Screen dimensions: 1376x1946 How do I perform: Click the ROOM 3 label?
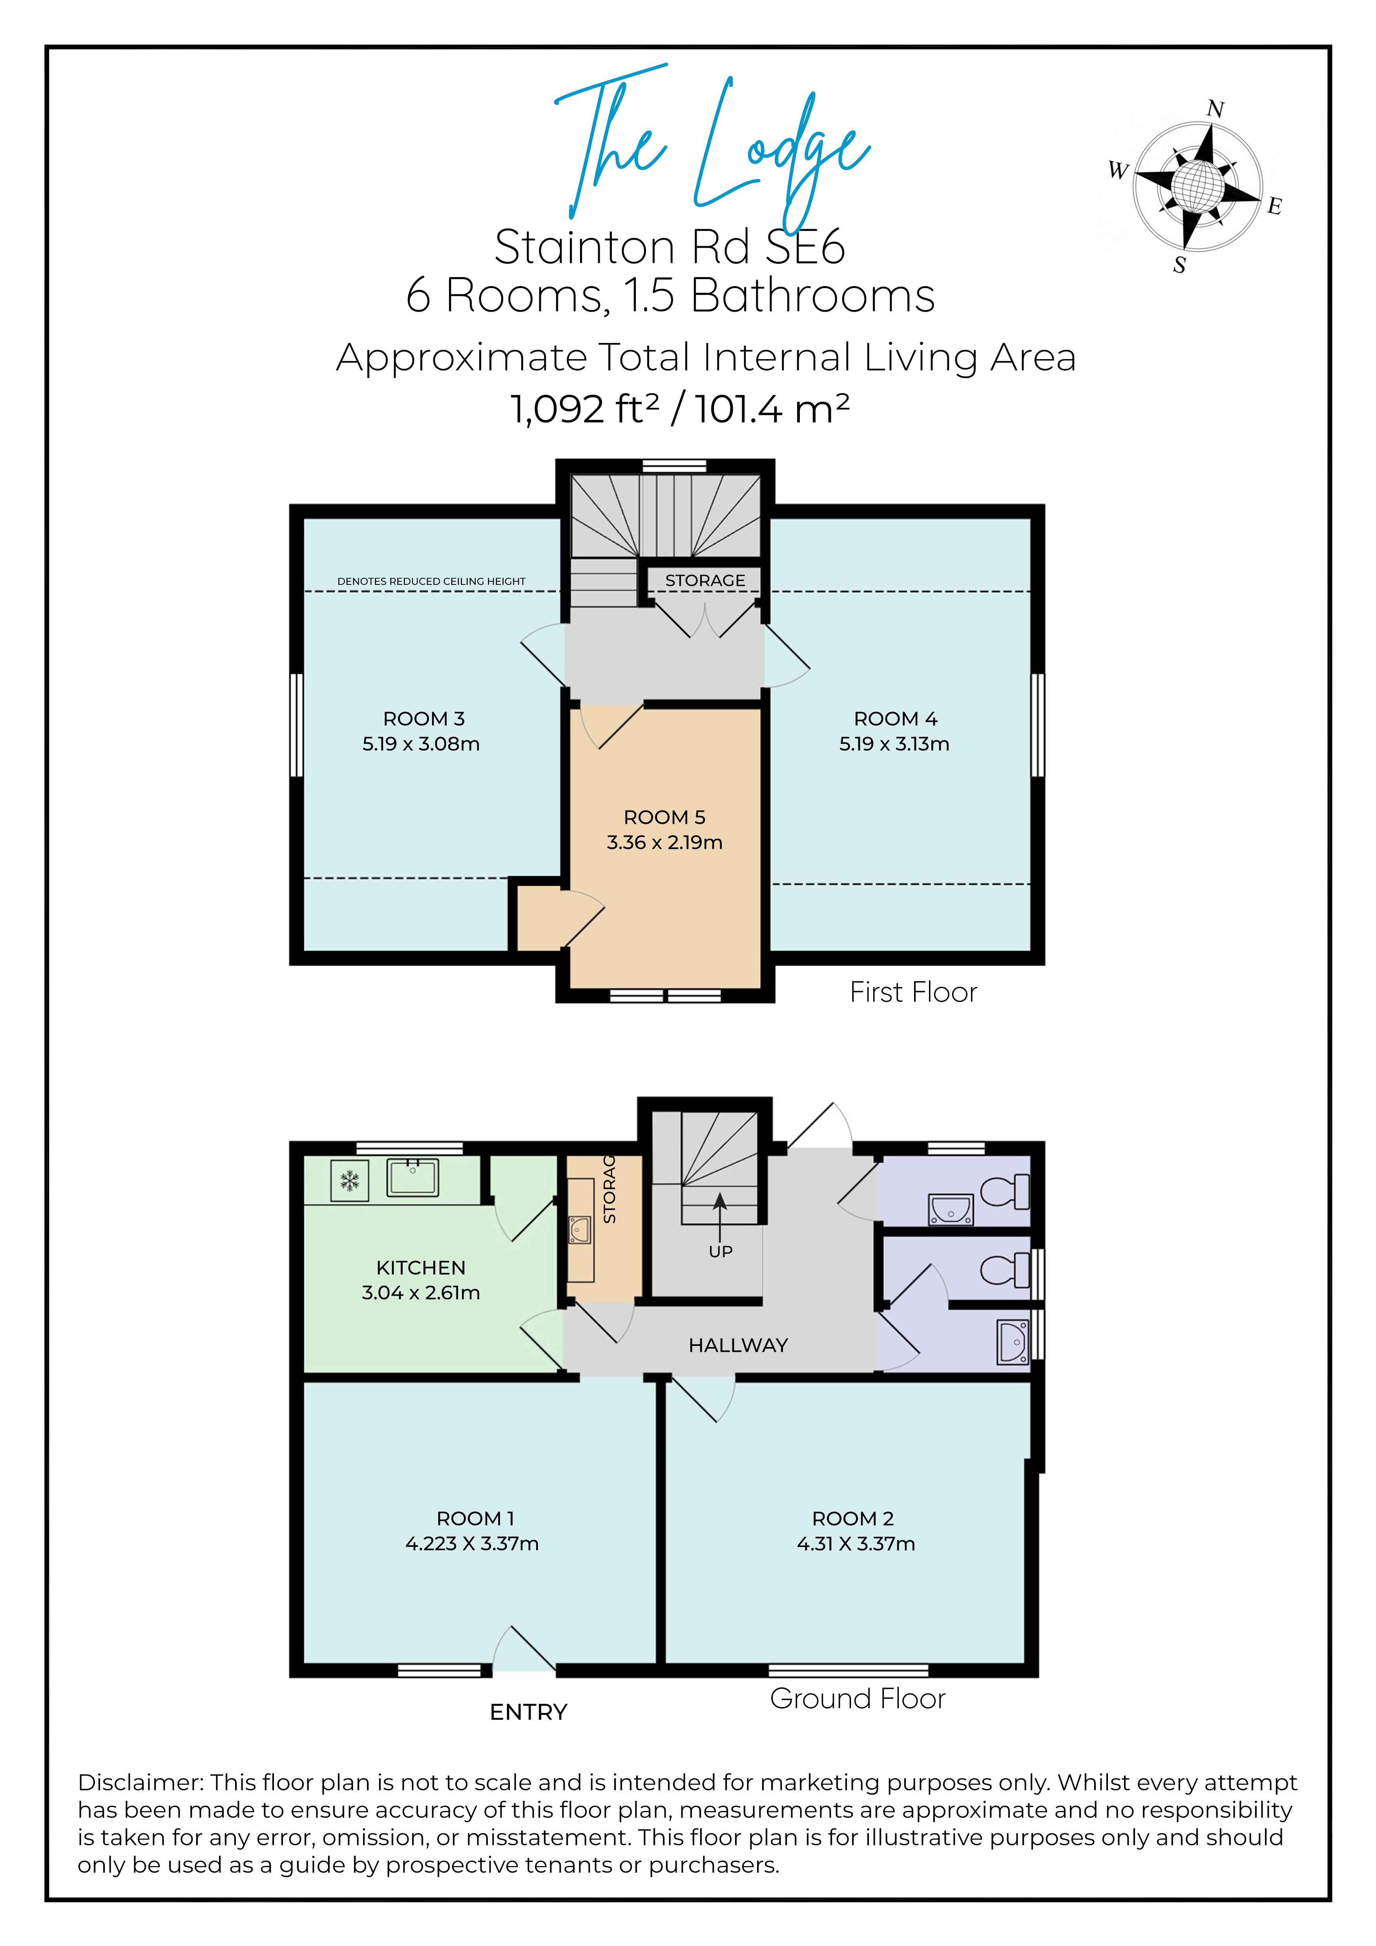pos(423,719)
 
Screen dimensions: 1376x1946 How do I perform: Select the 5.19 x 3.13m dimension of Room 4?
pos(894,744)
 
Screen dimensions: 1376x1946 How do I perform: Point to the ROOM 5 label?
pos(664,817)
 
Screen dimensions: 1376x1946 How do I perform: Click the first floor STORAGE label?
pos(705,581)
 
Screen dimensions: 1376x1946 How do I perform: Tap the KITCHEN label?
pos(421,1268)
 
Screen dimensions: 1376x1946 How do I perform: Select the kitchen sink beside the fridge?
pos(412,1177)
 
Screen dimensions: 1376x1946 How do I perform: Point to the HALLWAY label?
pos(738,1345)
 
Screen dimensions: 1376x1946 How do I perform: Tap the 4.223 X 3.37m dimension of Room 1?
pos(472,1543)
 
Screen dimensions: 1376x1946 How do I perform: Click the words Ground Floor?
pos(858,1698)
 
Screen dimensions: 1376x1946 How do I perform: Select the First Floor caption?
pos(913,993)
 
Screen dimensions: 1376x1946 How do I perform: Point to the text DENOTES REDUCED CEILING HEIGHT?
pos(431,581)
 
